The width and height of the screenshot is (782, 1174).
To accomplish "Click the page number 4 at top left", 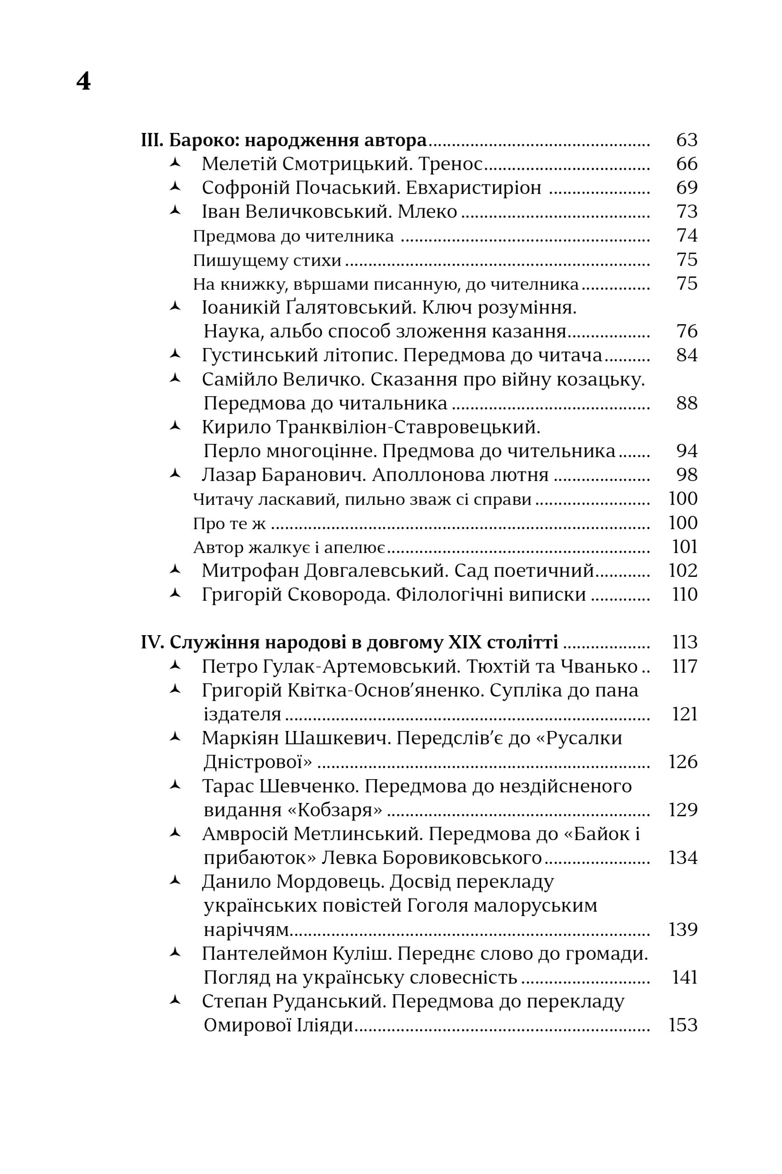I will (83, 81).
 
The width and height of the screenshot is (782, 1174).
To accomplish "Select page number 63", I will (686, 140).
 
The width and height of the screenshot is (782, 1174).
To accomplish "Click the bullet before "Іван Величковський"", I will (175, 210).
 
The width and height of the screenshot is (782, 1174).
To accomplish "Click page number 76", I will (686, 332).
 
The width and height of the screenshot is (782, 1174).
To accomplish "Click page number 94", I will (686, 451).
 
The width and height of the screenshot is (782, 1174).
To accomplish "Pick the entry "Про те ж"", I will (230, 524).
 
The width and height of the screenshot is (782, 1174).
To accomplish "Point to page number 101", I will (684, 547).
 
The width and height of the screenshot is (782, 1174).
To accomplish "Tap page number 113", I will (684, 642).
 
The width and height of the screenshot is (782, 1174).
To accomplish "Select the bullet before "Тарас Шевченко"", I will (175, 785).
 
